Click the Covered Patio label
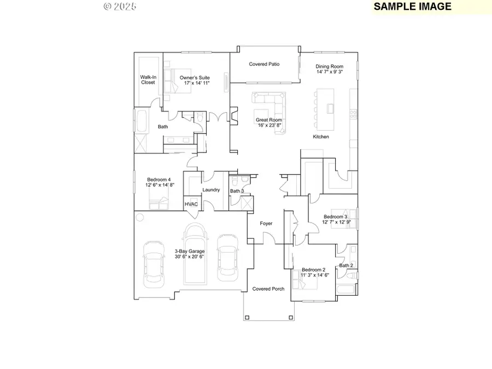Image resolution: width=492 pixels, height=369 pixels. (264, 64)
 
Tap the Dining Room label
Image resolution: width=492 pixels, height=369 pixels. (329, 66)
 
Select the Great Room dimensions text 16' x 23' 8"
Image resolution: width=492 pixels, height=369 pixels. (269, 125)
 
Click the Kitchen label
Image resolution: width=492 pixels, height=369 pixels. (321, 137)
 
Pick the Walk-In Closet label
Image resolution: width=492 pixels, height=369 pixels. (148, 80)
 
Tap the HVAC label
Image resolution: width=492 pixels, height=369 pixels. (191, 204)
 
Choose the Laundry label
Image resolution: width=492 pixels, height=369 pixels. (210, 190)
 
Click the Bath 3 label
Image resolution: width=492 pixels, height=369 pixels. (237, 191)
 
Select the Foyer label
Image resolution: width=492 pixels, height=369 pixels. (266, 223)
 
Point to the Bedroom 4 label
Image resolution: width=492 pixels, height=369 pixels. (159, 179)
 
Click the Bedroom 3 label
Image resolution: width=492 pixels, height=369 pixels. (335, 216)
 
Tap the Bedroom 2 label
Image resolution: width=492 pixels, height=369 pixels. (314, 270)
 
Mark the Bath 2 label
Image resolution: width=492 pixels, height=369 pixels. (346, 266)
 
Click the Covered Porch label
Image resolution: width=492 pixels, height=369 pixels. (268, 289)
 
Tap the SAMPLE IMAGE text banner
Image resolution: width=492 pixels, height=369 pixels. (413, 7)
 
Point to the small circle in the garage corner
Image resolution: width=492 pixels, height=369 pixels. (139, 218)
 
